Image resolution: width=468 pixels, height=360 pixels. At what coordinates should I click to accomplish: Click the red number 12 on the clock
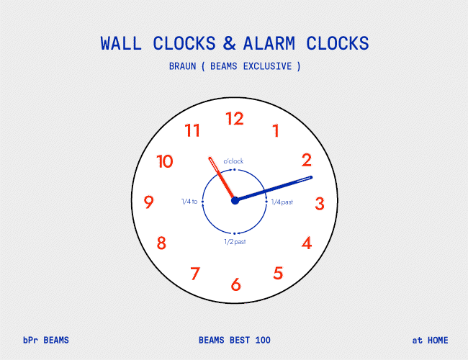[x=235, y=119]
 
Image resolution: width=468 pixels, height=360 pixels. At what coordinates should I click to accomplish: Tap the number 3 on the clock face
[x=320, y=204]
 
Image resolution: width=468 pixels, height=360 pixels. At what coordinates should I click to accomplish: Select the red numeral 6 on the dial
[x=235, y=284]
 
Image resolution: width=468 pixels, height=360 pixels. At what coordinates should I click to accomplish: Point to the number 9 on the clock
[x=148, y=202]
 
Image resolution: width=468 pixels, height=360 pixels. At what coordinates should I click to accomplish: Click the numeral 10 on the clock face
[x=165, y=161]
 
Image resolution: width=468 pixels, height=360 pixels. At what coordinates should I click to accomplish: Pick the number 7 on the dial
[x=195, y=274]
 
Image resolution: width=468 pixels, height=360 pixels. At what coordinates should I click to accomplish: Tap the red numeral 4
[x=307, y=243]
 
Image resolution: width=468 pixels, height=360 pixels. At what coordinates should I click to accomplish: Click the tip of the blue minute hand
[x=311, y=177]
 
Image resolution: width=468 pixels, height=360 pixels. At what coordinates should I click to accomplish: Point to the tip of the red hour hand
[x=210, y=158]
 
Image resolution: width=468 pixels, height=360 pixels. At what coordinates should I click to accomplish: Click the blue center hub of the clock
[x=235, y=201]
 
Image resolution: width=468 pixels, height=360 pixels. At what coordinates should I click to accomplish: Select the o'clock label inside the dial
[x=233, y=161]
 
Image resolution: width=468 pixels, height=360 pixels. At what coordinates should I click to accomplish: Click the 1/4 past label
[x=282, y=202]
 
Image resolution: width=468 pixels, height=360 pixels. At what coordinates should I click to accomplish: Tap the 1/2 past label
[x=235, y=242]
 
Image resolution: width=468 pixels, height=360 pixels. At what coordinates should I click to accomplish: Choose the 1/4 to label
[x=189, y=202]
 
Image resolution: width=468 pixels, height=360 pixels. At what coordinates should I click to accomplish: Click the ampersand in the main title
[x=229, y=43]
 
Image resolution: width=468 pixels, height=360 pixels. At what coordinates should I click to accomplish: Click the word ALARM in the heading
[x=269, y=43]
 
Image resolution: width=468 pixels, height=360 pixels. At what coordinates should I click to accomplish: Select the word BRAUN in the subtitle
[x=182, y=66]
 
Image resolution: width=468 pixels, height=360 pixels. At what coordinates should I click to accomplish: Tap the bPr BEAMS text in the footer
[x=46, y=341]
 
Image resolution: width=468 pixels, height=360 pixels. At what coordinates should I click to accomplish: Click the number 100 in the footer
[x=263, y=341]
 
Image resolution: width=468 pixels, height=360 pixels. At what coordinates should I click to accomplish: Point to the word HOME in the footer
[x=438, y=341]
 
